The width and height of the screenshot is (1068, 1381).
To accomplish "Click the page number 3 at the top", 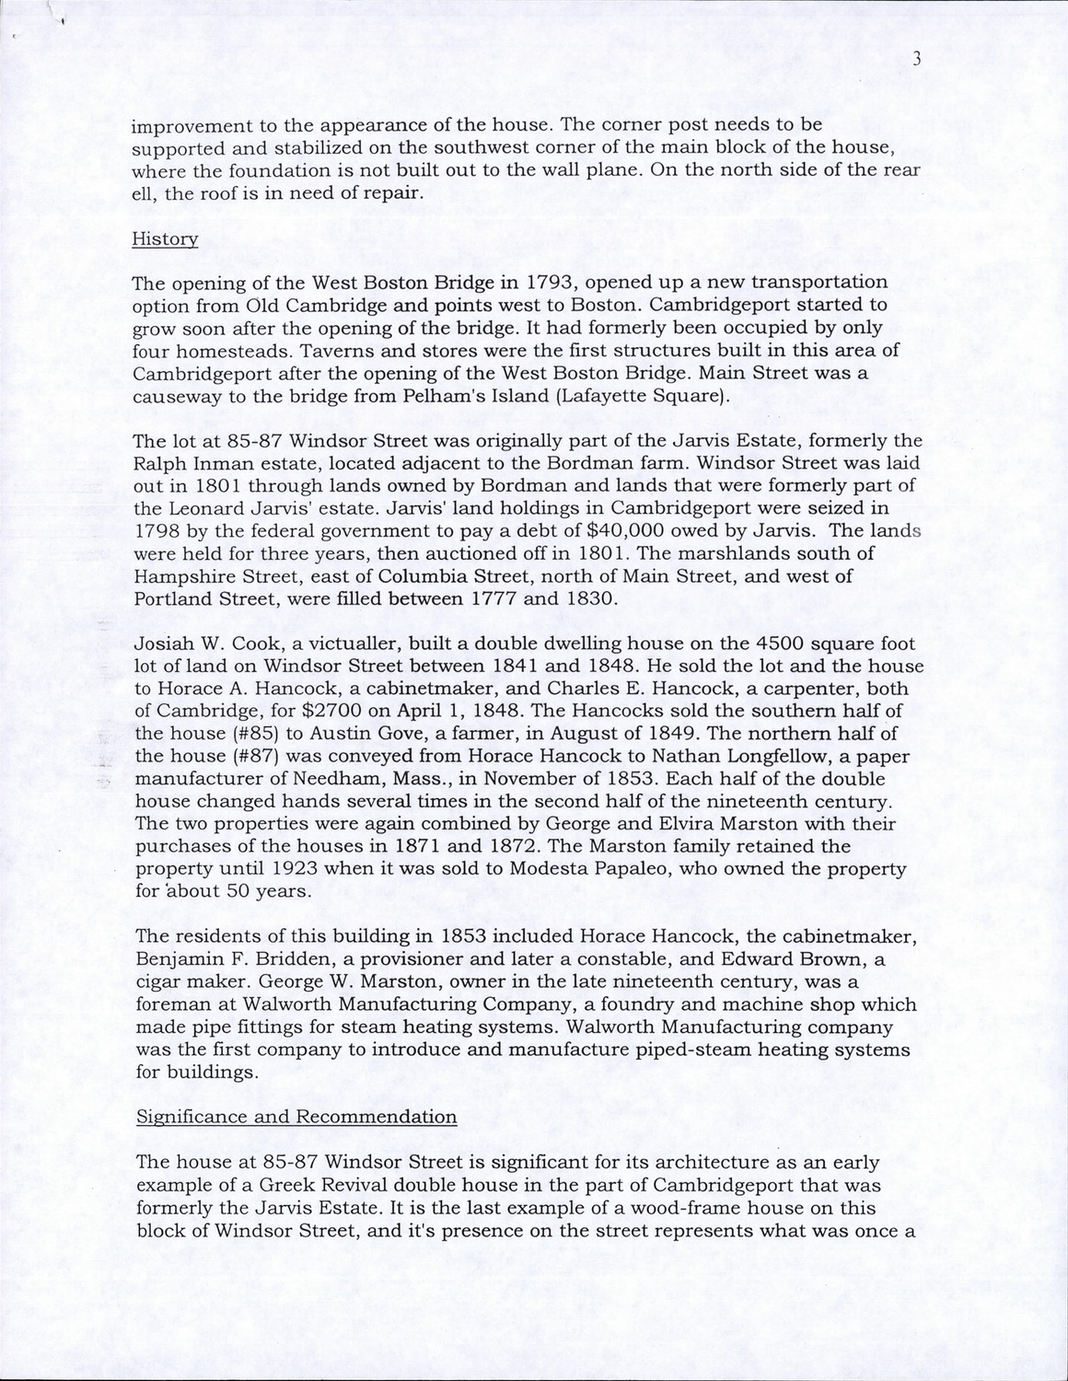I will tap(916, 59).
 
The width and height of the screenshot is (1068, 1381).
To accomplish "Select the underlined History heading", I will tap(165, 238).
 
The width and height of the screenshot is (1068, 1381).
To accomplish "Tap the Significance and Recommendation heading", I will tap(296, 1117).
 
